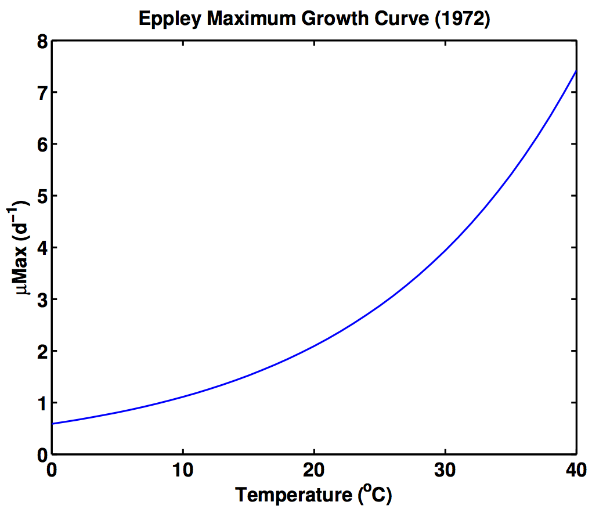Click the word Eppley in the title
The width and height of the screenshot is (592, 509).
coord(169,19)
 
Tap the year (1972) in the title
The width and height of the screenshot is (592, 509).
coord(462,19)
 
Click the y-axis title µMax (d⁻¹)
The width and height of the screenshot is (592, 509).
coord(18,247)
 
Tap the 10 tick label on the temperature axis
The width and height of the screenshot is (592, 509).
coord(183,470)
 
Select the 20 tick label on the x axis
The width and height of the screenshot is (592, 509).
coord(314,470)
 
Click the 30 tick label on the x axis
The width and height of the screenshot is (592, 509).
coord(445,470)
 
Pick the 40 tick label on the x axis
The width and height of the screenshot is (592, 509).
coord(576,470)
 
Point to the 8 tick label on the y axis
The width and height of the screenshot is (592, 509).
coord(43,42)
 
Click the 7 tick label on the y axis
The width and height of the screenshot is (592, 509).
coord(43,93)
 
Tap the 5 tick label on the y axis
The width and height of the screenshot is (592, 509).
coord(43,196)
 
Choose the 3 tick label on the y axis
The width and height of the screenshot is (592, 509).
coord(43,300)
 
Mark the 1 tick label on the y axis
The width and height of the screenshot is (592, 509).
coord(43,403)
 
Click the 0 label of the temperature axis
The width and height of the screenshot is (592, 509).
coord(51,470)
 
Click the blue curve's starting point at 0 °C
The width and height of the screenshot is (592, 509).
coord(52,424)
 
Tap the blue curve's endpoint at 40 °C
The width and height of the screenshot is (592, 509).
coord(576,71)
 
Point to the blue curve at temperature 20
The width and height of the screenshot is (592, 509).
coord(314,346)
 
